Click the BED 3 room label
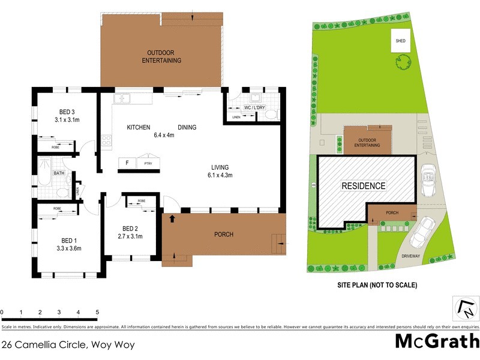click(67, 112)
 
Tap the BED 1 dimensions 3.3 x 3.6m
click(68, 248)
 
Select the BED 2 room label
click(130, 228)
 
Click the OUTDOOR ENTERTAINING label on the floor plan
click(161, 56)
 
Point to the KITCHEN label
click(138, 127)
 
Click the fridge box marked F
click(127, 163)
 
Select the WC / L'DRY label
click(255, 107)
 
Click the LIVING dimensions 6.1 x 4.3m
click(220, 175)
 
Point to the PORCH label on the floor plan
click(223, 234)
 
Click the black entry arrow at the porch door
click(173, 218)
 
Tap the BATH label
click(59, 173)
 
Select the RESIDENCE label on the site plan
click(364, 185)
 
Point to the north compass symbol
click(466, 310)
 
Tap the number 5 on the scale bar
click(97, 313)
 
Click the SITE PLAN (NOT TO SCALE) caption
click(377, 285)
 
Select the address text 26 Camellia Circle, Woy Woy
click(68, 344)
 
